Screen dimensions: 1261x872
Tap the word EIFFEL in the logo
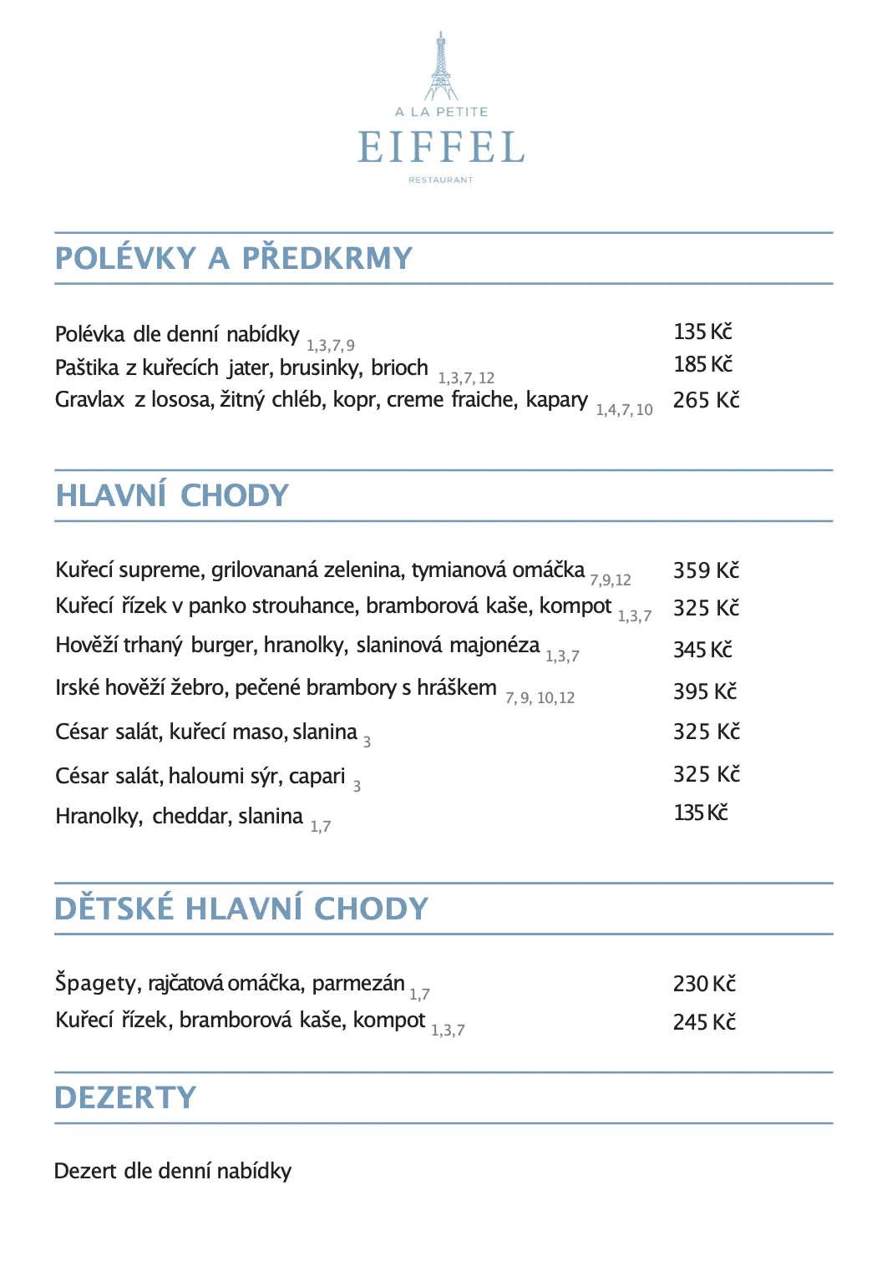[x=441, y=148]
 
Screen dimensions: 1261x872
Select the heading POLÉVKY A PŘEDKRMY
[x=234, y=259]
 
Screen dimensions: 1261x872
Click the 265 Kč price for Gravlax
[x=706, y=400]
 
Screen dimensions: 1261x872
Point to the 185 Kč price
[x=702, y=364]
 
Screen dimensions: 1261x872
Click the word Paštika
[x=87, y=368]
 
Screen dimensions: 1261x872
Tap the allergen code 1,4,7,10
[x=624, y=410]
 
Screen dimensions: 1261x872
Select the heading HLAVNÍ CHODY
[x=172, y=496]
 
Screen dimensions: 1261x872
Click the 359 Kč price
[x=706, y=570]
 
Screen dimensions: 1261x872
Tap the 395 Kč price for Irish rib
[x=705, y=691]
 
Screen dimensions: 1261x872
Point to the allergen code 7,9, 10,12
[x=540, y=698]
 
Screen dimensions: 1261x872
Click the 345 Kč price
[x=702, y=650]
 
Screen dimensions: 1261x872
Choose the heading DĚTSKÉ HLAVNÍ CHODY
[x=241, y=909]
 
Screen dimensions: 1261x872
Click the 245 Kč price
[x=704, y=1022]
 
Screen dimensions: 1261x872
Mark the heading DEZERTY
[x=125, y=1098]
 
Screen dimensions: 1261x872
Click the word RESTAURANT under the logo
[x=441, y=180]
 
